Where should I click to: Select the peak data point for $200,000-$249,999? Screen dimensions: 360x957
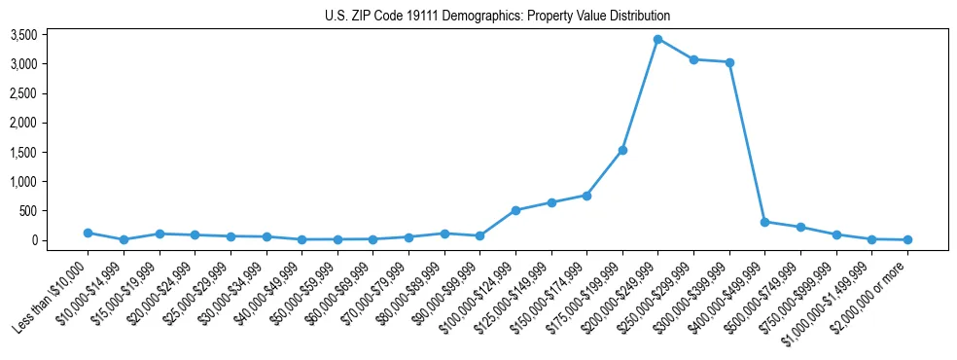pos(658,39)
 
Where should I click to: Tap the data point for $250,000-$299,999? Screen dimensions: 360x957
pos(693,59)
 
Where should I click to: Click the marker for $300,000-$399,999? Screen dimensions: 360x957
pos(729,62)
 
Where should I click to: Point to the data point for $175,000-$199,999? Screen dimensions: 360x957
pos(622,150)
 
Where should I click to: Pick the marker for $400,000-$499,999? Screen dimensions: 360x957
pos(765,222)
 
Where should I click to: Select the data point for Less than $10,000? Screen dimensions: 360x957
pos(89,233)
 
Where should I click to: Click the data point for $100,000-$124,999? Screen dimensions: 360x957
pos(515,210)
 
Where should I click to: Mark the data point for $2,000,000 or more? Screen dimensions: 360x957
pos(907,239)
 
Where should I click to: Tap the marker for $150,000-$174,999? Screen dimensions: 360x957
pos(587,195)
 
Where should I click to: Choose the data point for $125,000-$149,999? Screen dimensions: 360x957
pos(551,202)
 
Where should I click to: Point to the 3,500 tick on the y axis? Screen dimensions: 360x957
pos(51,35)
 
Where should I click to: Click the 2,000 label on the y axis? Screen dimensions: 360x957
pos(51,123)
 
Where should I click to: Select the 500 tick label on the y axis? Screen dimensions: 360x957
pos(55,211)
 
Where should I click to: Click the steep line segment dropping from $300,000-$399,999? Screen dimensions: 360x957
pos(747,142)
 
